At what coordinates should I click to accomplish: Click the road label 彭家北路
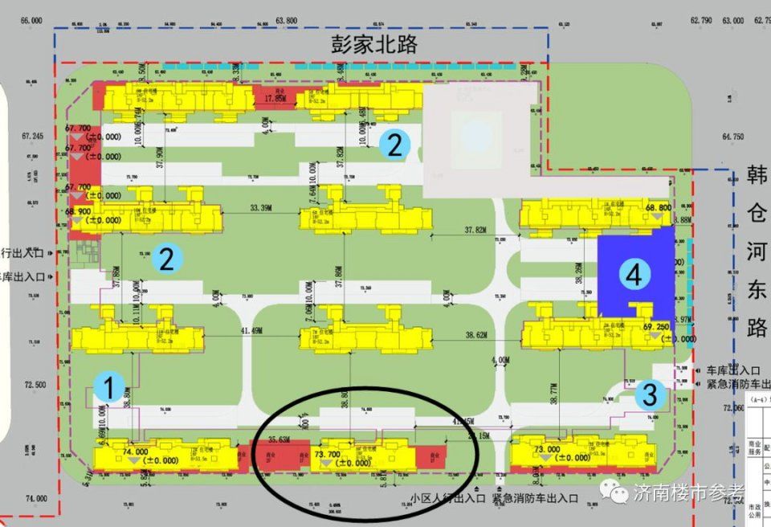pyautogui.click(x=374, y=43)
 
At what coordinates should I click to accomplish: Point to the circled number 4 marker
pyautogui.click(x=634, y=276)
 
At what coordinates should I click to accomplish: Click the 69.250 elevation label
pyautogui.click(x=656, y=327)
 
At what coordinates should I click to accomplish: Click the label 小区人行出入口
pyautogui.click(x=447, y=498)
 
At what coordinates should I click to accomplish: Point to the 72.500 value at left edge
pyautogui.click(x=35, y=385)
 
